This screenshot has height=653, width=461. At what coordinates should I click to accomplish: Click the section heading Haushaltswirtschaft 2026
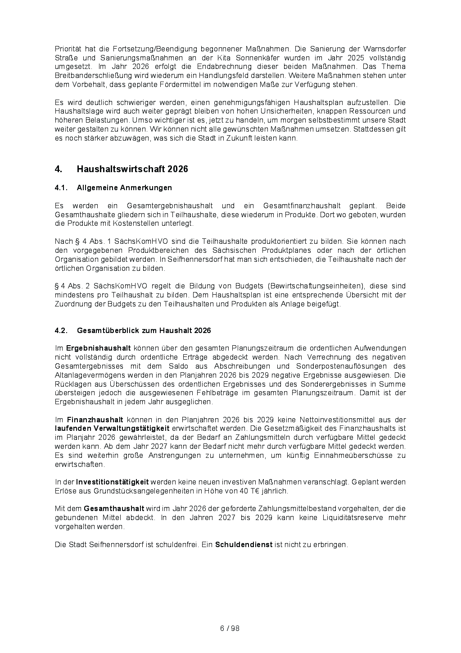pos(132,169)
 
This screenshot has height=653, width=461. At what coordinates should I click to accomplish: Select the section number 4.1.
pos(61,187)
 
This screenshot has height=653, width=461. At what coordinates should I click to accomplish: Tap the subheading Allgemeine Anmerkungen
pos(124,187)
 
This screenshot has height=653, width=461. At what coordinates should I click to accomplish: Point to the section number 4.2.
pos(61,330)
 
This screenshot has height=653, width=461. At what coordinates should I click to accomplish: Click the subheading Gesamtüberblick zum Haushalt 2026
pos(144,330)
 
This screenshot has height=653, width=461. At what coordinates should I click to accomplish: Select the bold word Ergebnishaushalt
pos(98,348)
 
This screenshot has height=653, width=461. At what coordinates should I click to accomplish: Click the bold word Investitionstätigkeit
pos(112,482)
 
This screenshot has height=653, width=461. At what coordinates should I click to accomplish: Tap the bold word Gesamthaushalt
pos(114,509)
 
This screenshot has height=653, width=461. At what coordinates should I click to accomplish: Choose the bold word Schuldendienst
pos(244,544)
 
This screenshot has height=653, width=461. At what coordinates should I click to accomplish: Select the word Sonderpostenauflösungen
pos(341,366)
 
